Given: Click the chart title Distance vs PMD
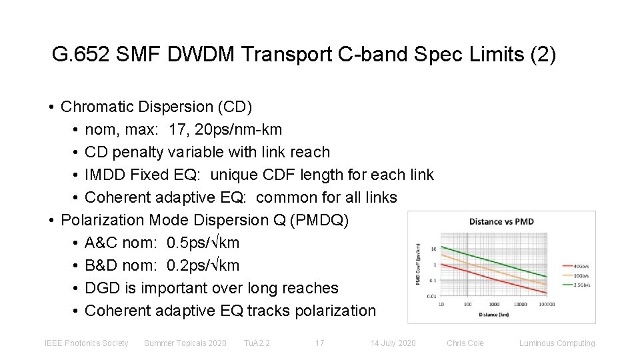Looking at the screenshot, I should click(x=501, y=221).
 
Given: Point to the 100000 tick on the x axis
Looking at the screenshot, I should click(x=546, y=304).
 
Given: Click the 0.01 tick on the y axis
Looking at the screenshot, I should click(x=432, y=295).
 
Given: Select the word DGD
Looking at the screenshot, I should click(x=102, y=288).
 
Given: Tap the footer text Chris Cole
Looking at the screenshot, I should click(x=465, y=343).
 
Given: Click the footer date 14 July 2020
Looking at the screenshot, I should click(x=393, y=343).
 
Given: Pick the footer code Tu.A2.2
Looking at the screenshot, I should click(x=257, y=343).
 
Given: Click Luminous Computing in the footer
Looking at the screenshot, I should click(x=557, y=343).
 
